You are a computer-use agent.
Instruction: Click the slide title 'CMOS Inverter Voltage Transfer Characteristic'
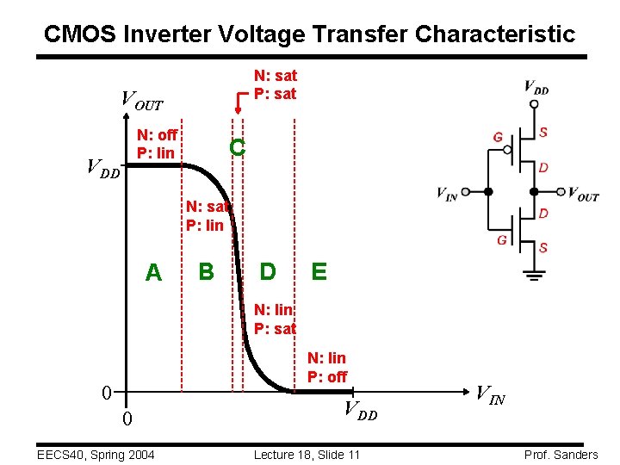(309, 34)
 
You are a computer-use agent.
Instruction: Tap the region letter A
(153, 273)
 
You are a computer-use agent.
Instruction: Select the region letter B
(206, 271)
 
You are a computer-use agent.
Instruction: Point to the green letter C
(238, 148)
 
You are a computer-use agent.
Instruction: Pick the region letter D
(268, 272)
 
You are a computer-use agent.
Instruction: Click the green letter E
(319, 272)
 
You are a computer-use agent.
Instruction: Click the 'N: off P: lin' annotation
(157, 144)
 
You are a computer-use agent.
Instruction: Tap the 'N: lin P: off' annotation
(326, 368)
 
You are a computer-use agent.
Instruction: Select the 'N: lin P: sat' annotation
(275, 319)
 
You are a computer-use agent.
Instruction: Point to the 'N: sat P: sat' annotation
(275, 84)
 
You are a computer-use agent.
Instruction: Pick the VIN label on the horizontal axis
(491, 396)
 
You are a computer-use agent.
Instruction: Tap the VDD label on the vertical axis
(102, 168)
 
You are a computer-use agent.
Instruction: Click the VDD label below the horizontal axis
(361, 412)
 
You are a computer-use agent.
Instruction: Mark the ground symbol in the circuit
(534, 274)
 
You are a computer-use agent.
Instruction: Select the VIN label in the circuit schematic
(447, 194)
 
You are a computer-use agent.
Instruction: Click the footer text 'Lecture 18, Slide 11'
(307, 455)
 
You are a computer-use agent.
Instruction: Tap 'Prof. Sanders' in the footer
(560, 455)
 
